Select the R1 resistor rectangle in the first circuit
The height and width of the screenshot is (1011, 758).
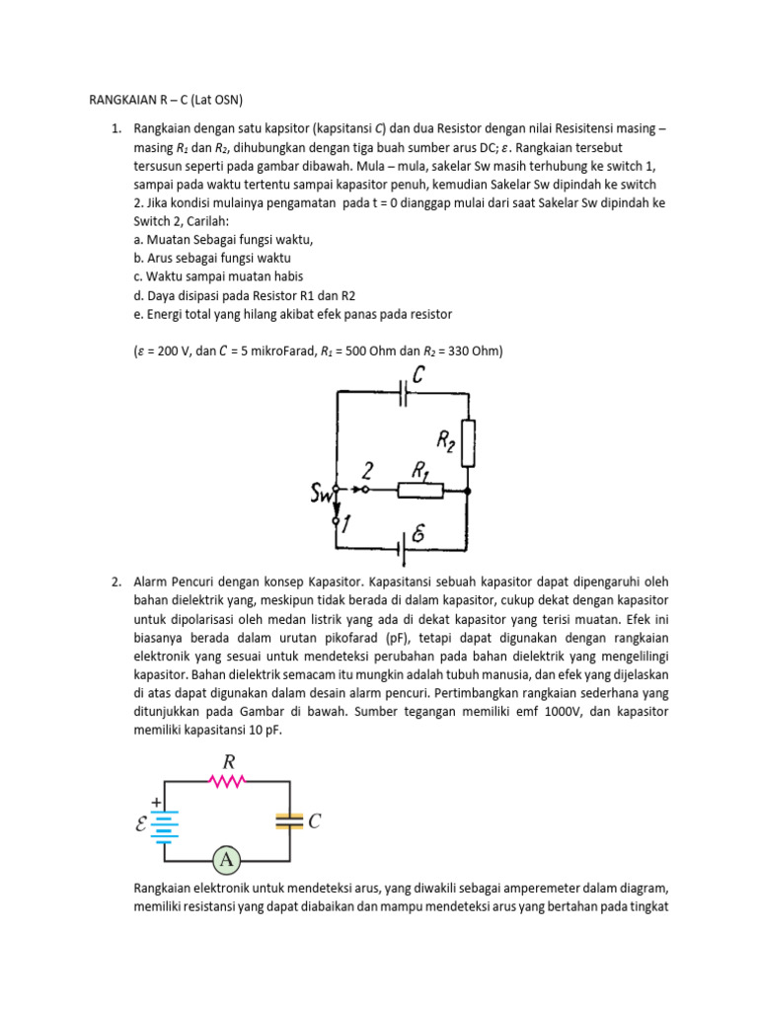[420, 489]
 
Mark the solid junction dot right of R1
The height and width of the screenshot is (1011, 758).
[468, 490]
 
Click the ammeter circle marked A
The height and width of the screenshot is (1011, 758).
[227, 860]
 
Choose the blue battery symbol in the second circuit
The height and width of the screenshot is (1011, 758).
[165, 821]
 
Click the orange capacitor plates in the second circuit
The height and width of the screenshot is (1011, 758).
[289, 820]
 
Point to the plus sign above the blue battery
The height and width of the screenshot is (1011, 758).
[155, 803]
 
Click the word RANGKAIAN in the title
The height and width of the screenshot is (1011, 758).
[117, 100]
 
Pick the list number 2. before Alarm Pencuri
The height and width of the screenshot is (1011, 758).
[116, 582]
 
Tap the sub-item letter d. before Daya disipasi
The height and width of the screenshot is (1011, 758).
[137, 295]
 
